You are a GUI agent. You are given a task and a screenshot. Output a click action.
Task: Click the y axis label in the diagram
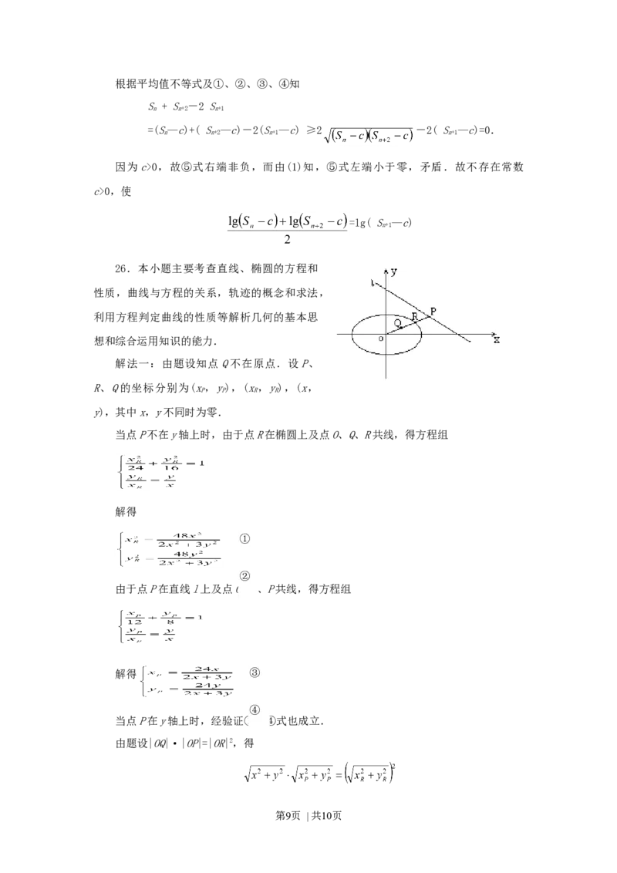coord(394,271)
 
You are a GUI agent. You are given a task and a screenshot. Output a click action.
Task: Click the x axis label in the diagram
coord(497,339)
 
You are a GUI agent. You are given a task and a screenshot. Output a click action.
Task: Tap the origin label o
coord(379,339)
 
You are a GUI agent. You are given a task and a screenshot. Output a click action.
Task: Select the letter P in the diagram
coord(433,311)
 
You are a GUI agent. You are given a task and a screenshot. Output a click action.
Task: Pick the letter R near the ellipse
coord(414,316)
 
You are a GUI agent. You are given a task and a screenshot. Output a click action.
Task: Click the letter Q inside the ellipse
coord(396,322)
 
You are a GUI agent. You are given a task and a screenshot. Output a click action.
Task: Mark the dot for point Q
coord(401,327)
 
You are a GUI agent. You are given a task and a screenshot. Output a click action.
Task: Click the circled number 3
coord(255,673)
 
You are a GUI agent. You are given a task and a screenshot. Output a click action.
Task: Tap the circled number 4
coord(255,710)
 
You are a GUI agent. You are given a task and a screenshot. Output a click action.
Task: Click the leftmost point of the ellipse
coord(352,335)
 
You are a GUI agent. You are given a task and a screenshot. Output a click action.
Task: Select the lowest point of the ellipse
coord(386,356)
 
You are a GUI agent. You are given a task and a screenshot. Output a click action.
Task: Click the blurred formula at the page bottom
coord(321,774)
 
